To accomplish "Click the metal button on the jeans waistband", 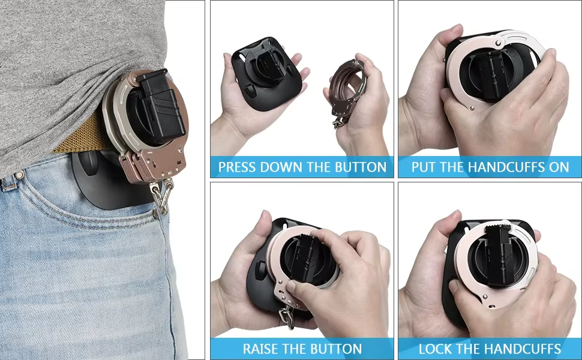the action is [x=19, y=175].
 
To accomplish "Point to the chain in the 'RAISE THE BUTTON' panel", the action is [x=287, y=317].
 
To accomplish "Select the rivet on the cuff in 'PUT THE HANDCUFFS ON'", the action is [x=472, y=109].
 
